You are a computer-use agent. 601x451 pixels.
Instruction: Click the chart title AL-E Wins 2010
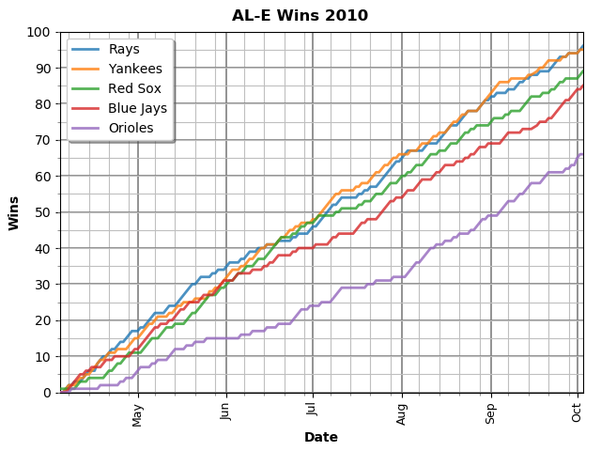pyautogui.click(x=300, y=16)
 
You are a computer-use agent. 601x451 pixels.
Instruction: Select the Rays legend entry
pyautogui.click(x=124, y=49)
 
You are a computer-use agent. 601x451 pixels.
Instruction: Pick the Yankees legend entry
pyautogui.click(x=135, y=69)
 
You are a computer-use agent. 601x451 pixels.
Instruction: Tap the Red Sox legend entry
pyautogui.click(x=135, y=88)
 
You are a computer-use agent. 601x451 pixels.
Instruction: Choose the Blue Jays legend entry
pyautogui.click(x=138, y=108)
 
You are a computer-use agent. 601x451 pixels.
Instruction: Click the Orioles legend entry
pyautogui.click(x=131, y=128)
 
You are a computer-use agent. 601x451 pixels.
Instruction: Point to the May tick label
pyautogui.click(x=138, y=414)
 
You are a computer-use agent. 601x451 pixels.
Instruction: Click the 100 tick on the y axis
pyautogui.click(x=39, y=32)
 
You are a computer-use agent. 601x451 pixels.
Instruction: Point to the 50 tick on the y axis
pyautogui.click(x=42, y=212)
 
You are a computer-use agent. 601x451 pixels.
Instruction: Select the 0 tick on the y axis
pyautogui.click(x=46, y=393)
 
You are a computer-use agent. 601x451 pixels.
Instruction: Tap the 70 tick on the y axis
pyautogui.click(x=42, y=140)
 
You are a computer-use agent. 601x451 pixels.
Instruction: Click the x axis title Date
pyautogui.click(x=321, y=437)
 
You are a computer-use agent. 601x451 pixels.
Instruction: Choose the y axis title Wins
pyautogui.click(x=14, y=212)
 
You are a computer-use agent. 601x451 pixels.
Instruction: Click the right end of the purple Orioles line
pyautogui.click(x=582, y=154)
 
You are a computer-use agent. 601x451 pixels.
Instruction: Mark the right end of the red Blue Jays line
pyautogui.click(x=582, y=86)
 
